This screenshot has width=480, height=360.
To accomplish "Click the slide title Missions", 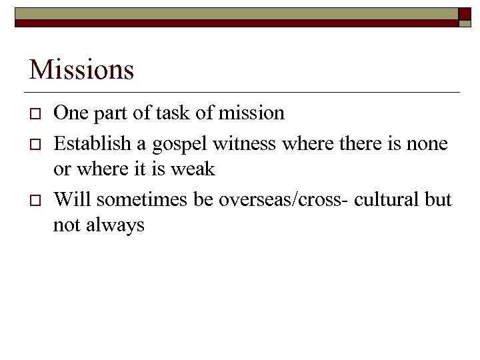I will pos(81,69).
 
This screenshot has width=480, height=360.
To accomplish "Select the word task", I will pos(173,113).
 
